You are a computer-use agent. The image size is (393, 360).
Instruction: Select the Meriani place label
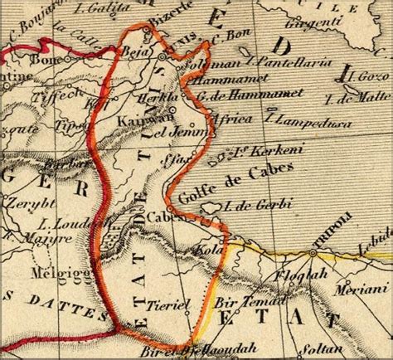349,290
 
